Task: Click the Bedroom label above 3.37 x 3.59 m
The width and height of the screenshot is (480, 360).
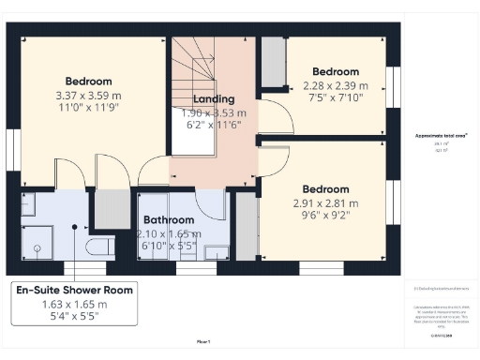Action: [x=88, y=81]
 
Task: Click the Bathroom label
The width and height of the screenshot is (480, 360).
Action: [x=169, y=219]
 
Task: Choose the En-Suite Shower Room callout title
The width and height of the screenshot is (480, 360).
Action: [x=74, y=291]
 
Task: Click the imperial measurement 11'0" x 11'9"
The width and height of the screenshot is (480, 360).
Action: [x=88, y=109]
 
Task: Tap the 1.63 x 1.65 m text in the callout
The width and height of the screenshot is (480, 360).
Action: [x=74, y=305]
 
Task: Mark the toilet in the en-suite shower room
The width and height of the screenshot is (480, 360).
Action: [x=97, y=247]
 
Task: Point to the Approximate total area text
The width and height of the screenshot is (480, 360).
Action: [x=442, y=135]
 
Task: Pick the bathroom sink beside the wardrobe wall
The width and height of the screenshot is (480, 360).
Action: [x=217, y=250]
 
